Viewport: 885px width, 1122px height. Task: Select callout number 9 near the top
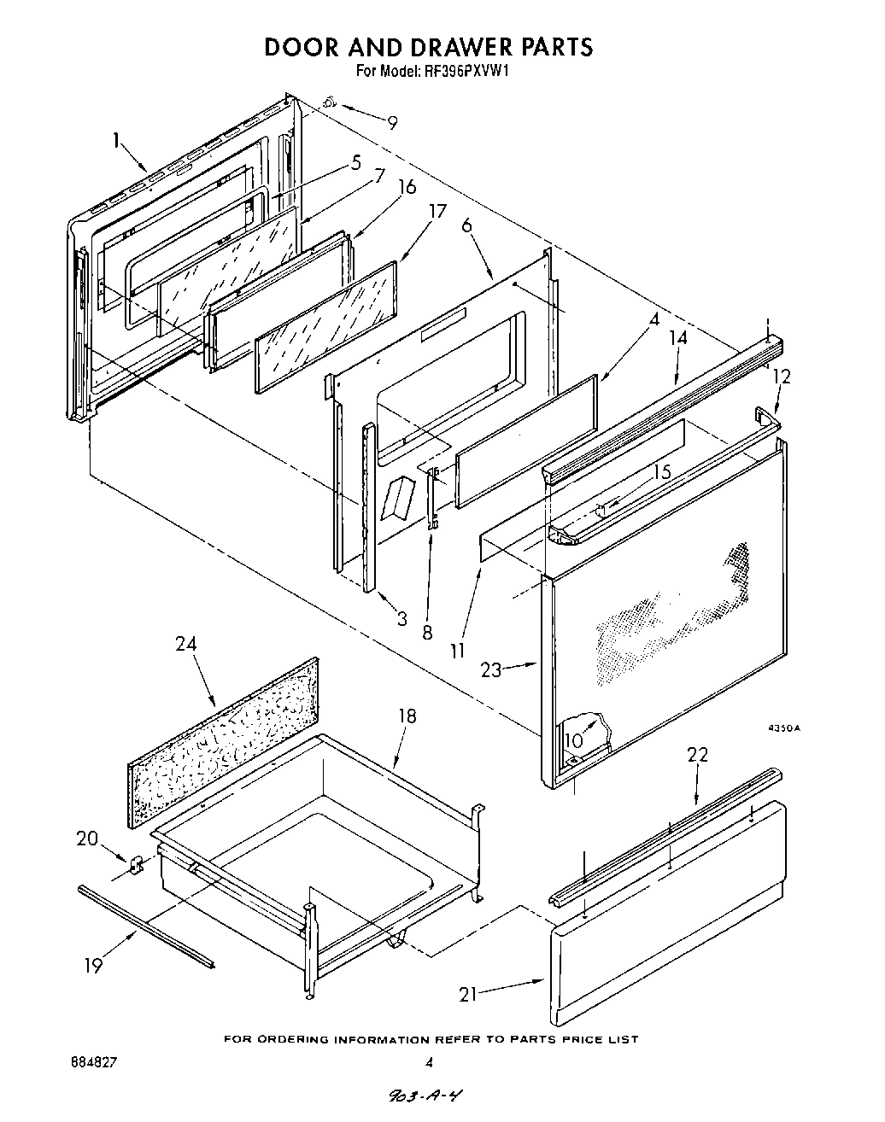pos(392,123)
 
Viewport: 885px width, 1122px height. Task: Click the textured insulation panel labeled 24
pos(224,743)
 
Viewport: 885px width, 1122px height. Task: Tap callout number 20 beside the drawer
pos(87,839)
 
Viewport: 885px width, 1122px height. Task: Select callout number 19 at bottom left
pos(93,966)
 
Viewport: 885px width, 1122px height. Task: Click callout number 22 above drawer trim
pos(698,755)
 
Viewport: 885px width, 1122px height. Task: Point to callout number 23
pos(491,670)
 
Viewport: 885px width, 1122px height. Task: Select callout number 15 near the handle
pos(662,472)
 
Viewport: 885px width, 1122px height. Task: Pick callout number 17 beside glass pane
pos(437,211)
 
